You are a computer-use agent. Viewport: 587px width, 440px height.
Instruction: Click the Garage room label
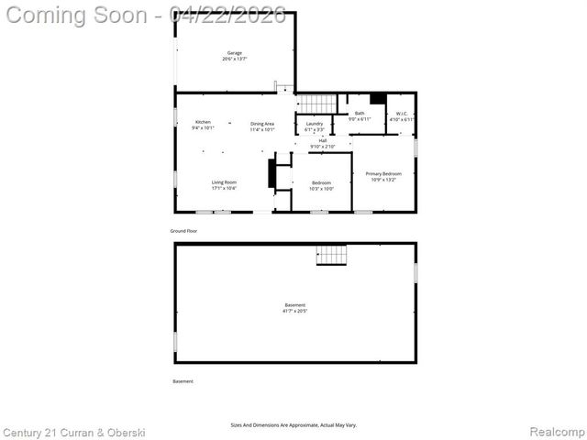pyautogui.click(x=235, y=53)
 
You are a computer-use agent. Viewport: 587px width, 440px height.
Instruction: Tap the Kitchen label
pyautogui.click(x=203, y=123)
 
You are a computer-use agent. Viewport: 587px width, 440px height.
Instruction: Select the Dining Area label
pyautogui.click(x=262, y=124)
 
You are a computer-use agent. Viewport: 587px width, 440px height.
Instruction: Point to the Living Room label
pyautogui.click(x=224, y=182)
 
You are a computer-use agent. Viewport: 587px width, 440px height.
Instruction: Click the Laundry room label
pyautogui.click(x=315, y=124)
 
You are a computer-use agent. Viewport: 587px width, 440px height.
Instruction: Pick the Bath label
pyautogui.click(x=360, y=113)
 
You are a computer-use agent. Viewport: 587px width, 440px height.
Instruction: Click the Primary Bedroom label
pyautogui.click(x=384, y=173)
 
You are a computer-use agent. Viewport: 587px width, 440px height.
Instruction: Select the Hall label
pyautogui.click(x=323, y=140)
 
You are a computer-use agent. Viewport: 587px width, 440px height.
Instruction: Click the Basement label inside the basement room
pyautogui.click(x=294, y=305)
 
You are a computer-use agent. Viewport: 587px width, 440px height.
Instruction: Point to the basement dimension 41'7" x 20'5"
pyautogui.click(x=294, y=312)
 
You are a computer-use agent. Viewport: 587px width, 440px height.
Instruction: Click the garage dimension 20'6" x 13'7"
pyautogui.click(x=235, y=60)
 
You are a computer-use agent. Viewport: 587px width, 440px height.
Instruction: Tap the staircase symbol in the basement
pyautogui.click(x=332, y=255)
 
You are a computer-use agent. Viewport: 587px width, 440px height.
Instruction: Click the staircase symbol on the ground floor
pyautogui.click(x=315, y=103)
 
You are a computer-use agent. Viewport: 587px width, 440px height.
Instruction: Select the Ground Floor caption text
pyautogui.click(x=184, y=231)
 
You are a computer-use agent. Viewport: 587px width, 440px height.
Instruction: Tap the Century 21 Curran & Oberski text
pyautogui.click(x=73, y=432)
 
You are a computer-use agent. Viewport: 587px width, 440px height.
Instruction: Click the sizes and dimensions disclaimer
pyautogui.click(x=293, y=425)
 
